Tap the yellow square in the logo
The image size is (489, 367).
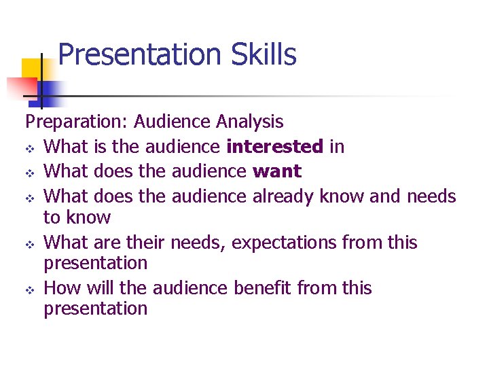[31, 69]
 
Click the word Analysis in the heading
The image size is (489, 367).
[249, 122]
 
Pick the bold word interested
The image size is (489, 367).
[274, 146]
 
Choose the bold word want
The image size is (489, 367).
[276, 171]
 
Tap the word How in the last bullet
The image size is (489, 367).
[62, 288]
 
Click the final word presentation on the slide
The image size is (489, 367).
[95, 309]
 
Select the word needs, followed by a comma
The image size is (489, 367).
[196, 243]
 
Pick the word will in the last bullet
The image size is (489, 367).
[100, 288]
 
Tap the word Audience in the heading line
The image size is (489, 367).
[173, 122]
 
